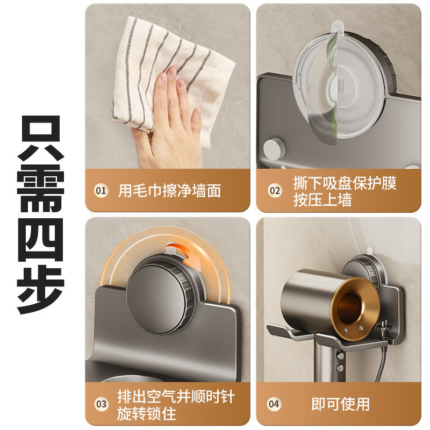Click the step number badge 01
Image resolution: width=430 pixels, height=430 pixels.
pyautogui.click(x=101, y=191)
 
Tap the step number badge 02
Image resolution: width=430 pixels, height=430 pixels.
pyautogui.click(x=275, y=190)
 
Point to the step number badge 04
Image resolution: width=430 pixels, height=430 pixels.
pyautogui.click(x=275, y=404)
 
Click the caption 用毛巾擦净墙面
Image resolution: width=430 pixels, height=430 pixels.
pyautogui.click(x=169, y=191)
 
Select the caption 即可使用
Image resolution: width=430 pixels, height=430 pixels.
pyautogui.click(x=340, y=404)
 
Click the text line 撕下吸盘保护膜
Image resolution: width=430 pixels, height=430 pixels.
pyautogui.click(x=345, y=183)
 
